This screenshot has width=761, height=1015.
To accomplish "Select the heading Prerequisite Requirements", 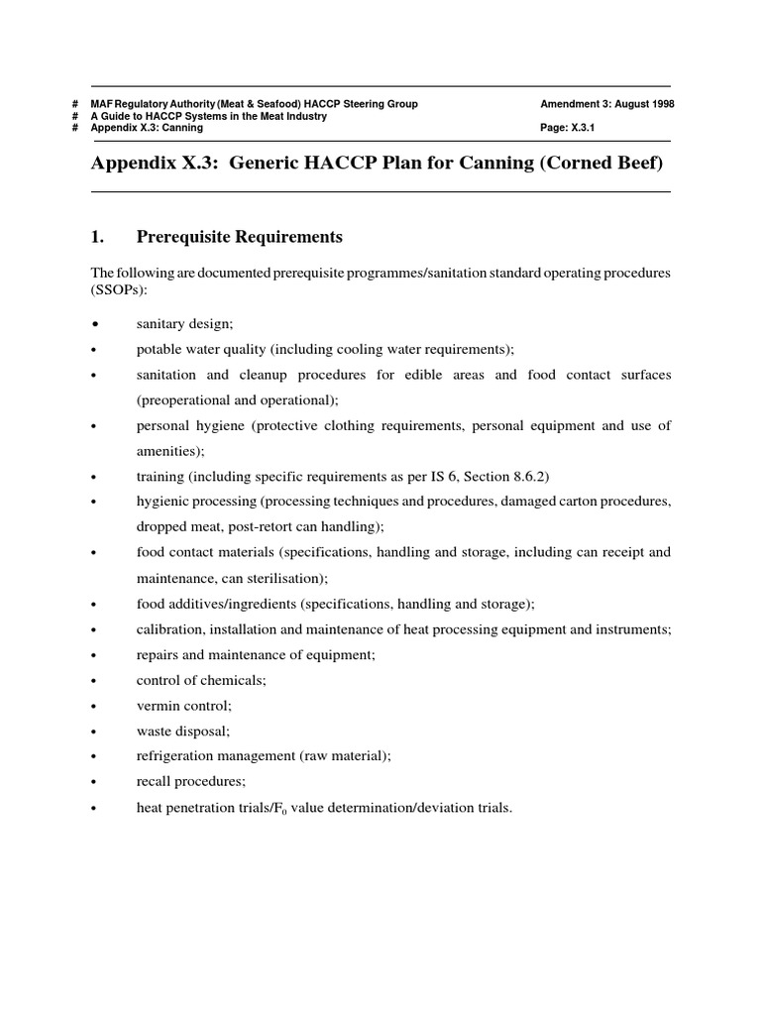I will pyautogui.click(x=239, y=237).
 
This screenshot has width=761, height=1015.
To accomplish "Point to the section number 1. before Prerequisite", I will pyautogui.click(x=98, y=237).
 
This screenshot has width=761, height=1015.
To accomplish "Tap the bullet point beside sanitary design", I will pyautogui.click(x=95, y=324).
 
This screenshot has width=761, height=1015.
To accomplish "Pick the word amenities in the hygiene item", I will pyautogui.click(x=166, y=451).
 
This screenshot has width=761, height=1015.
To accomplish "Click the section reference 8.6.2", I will pyautogui.click(x=529, y=477).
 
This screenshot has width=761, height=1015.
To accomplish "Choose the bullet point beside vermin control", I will pyautogui.click(x=95, y=706).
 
